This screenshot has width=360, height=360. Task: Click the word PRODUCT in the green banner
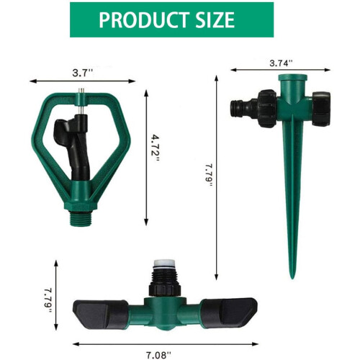pyautogui.click(x=143, y=20)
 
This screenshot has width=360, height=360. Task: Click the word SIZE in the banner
pyautogui.click(x=215, y=20)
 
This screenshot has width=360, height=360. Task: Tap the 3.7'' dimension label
pyautogui.click(x=82, y=73)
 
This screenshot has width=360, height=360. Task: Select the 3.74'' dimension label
pyautogui.click(x=281, y=63)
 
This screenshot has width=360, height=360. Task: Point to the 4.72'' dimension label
pyautogui.click(x=156, y=148)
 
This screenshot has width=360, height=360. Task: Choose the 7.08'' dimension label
pyautogui.click(x=159, y=355)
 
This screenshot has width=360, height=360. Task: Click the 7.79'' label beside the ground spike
pyautogui.click(x=208, y=176)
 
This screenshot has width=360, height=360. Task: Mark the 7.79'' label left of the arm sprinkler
pyautogui.click(x=48, y=300)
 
